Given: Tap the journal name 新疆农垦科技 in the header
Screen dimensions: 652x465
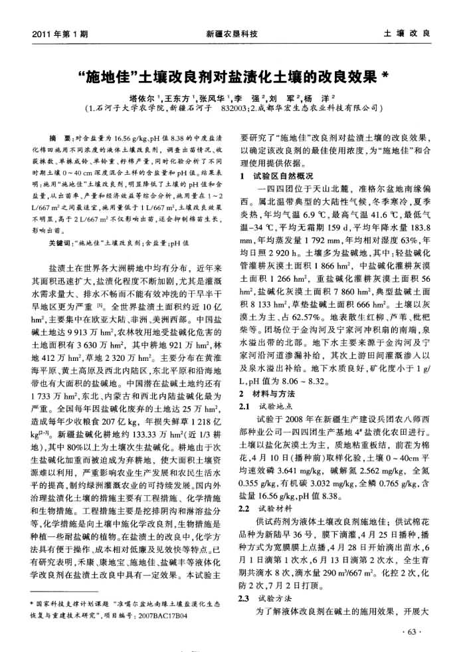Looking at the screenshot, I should [232, 33].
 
